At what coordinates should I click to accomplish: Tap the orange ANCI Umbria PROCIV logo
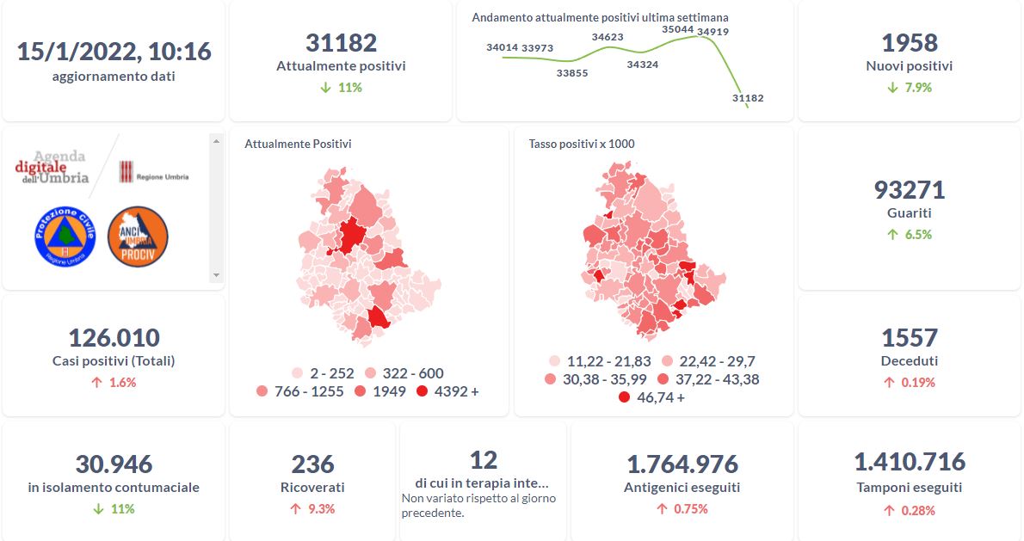(x=138, y=236)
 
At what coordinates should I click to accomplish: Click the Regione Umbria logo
(x=153, y=172)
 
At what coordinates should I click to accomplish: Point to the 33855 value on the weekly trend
(x=572, y=73)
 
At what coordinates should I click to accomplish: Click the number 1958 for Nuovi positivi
(x=910, y=43)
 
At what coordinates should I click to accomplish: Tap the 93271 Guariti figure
(x=910, y=190)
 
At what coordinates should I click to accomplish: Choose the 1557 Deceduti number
(x=910, y=337)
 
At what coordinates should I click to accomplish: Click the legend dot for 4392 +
(x=422, y=391)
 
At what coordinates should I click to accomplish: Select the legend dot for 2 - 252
(x=298, y=373)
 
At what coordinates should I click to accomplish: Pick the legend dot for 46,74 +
(x=624, y=397)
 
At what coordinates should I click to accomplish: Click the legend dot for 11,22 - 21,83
(x=555, y=361)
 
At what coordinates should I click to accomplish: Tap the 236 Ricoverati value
(x=312, y=464)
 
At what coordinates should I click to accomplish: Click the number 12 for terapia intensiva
(x=484, y=459)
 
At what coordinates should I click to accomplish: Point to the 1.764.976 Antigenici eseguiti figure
(x=682, y=464)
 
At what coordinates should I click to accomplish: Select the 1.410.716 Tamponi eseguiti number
(x=910, y=462)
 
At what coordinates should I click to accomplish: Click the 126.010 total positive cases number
(x=114, y=337)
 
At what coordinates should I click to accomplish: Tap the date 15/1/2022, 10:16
(x=114, y=52)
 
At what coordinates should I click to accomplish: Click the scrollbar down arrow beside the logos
(x=216, y=275)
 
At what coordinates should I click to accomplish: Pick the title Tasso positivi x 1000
(x=582, y=144)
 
